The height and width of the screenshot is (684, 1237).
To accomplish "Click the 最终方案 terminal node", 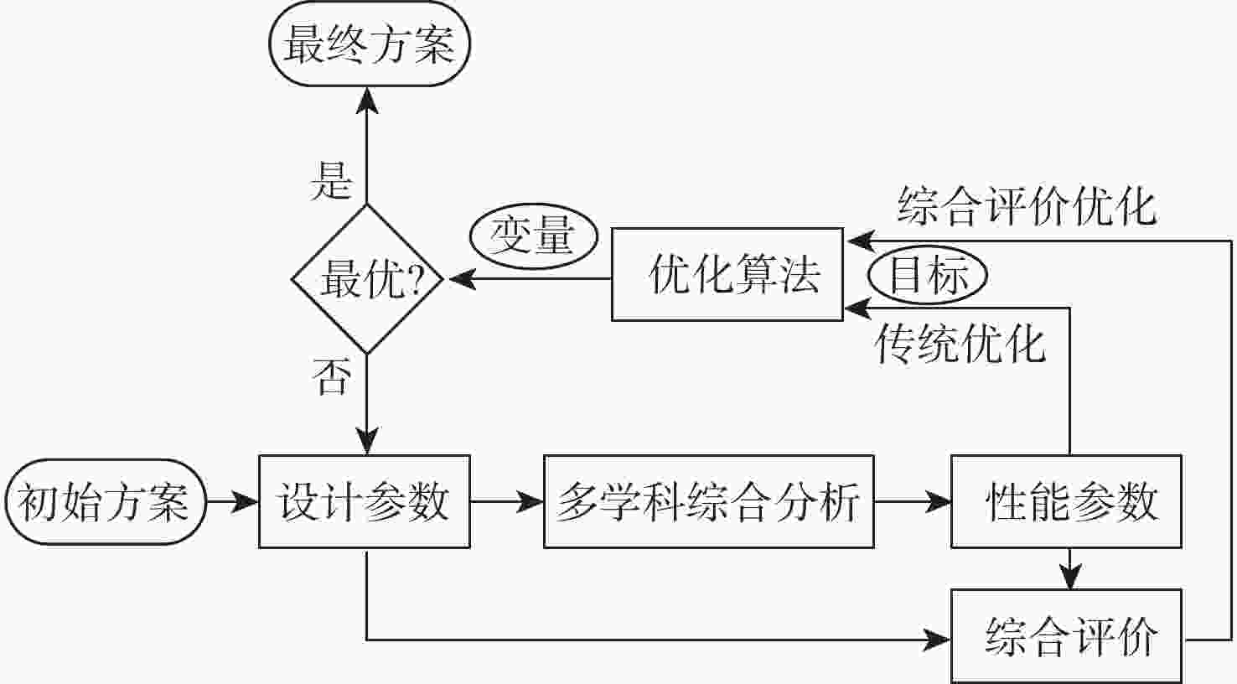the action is [370, 44].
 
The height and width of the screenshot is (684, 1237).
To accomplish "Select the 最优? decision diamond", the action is [367, 279].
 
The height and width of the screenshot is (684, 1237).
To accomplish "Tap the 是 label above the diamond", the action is [331, 181].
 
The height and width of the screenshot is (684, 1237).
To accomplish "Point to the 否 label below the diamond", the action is [332, 376].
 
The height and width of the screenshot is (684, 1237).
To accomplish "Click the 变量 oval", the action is [534, 236].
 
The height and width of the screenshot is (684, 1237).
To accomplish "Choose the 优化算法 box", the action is [727, 274].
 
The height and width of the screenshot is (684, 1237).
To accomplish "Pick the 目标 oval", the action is [928, 275].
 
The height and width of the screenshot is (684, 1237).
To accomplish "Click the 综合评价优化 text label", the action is [1027, 206].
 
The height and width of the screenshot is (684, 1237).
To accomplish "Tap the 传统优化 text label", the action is [960, 345].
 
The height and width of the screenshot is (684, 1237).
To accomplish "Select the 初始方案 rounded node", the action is [106, 501].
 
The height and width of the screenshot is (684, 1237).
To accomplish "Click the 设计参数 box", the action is [365, 501].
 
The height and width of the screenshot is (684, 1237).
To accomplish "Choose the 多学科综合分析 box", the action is [708, 501].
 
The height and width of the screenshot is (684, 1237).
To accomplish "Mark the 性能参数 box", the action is [1066, 501].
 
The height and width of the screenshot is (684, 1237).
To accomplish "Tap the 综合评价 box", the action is [1066, 636].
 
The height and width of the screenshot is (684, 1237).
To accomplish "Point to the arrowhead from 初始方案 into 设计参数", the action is [245, 501].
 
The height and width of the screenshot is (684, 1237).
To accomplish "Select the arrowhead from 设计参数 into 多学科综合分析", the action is [530, 501].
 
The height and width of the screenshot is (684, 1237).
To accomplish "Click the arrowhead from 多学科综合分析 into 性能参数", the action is [937, 501].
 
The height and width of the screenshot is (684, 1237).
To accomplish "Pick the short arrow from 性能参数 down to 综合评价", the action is [1070, 568].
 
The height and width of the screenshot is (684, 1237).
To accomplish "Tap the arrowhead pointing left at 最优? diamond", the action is [463, 278].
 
